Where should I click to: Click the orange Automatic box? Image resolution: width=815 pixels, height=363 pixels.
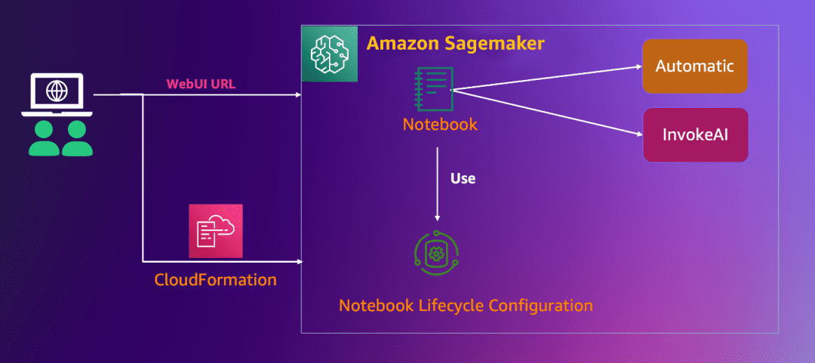pyautogui.click(x=694, y=66)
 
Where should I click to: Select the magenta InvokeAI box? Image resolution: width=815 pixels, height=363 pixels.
pyautogui.click(x=694, y=135)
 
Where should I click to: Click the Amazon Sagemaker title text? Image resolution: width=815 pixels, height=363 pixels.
pyautogui.click(x=455, y=43)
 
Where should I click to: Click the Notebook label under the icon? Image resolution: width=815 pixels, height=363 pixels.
pyautogui.click(x=439, y=124)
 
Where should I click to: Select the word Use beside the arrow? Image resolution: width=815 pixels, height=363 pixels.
pyautogui.click(x=463, y=179)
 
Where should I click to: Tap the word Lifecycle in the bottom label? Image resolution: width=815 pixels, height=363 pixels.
pyautogui.click(x=446, y=306)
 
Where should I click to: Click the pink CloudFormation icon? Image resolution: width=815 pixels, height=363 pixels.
pyautogui.click(x=216, y=231)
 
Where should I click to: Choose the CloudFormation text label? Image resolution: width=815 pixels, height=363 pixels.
pyautogui.click(x=215, y=280)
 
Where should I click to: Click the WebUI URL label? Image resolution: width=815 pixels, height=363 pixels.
pyautogui.click(x=201, y=84)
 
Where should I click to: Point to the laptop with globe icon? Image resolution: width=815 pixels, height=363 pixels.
pyautogui.click(x=56, y=95)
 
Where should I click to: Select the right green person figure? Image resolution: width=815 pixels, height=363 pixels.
pyautogui.click(x=77, y=138)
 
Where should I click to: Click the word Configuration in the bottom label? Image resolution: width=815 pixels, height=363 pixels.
pyautogui.click(x=540, y=306)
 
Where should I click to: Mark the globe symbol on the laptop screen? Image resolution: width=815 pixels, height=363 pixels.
pyautogui.click(x=56, y=91)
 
